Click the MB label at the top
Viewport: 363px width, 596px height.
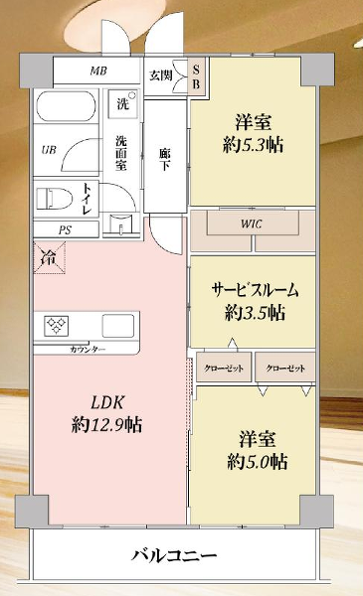[98, 73]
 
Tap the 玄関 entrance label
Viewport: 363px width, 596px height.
[161, 74]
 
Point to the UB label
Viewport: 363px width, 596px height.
[48, 150]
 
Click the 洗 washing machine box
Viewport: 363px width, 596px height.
[122, 103]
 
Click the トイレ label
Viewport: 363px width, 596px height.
[89, 199]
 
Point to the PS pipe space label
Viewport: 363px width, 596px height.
[65, 229]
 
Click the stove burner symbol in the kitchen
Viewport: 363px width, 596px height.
[55, 325]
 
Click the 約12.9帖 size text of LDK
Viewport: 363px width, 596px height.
[106, 425]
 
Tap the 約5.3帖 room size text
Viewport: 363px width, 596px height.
[254, 144]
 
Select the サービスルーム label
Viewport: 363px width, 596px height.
[254, 291]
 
